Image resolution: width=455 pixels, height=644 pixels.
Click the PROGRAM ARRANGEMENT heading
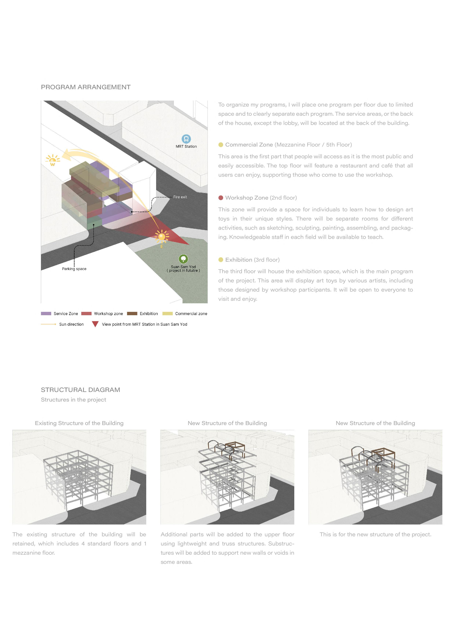[85, 87]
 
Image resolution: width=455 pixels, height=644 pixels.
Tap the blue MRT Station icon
[186, 139]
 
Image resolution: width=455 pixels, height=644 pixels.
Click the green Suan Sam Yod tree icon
[183, 259]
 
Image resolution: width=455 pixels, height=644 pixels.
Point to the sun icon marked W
[52, 160]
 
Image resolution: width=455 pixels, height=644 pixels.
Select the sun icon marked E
[162, 236]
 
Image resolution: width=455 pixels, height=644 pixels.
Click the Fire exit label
[180, 197]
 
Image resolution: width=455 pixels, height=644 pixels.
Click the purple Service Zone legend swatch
[46, 314]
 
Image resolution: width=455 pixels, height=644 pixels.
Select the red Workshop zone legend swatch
[86, 314]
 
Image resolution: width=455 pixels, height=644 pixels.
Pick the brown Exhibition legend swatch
[132, 314]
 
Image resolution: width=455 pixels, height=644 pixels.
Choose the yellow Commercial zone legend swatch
[167, 314]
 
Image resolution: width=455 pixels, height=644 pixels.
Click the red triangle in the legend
[95, 324]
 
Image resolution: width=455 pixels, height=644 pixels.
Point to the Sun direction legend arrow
[48, 324]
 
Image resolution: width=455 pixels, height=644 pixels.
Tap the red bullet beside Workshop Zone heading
[221, 198]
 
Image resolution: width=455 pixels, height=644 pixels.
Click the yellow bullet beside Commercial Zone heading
[221, 145]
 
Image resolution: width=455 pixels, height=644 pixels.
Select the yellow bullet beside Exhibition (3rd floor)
[221, 260]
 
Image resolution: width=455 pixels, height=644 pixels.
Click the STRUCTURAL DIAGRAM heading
[81, 390]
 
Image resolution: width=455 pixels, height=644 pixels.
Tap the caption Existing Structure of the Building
[79, 423]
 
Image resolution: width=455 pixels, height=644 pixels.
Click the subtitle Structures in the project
[73, 400]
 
